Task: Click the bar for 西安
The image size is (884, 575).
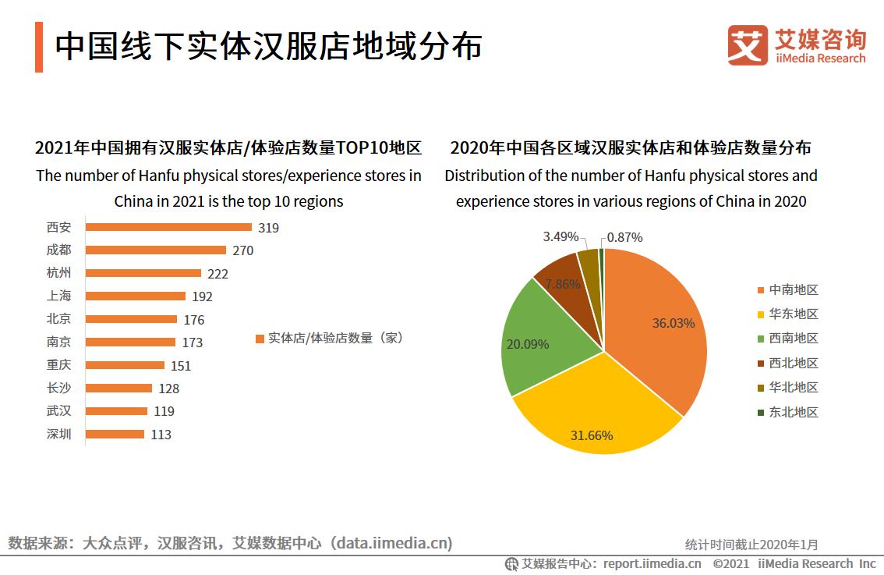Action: (168, 227)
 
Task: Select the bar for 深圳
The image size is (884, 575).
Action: (115, 434)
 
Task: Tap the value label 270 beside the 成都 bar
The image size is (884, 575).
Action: (242, 250)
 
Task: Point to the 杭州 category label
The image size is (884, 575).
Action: (58, 273)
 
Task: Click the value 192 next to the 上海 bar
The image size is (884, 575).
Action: (202, 296)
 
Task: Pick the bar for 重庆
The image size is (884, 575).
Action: (125, 365)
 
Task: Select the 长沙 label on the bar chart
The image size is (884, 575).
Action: (58, 388)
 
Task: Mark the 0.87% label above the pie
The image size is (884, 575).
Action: (624, 237)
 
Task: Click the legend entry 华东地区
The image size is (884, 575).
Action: (793, 314)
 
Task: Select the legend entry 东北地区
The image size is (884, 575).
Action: (793, 412)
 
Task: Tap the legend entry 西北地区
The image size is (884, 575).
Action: (793, 363)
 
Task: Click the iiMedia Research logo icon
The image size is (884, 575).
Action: (748, 45)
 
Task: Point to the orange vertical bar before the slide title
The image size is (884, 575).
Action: (39, 47)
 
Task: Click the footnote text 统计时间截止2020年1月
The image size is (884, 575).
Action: (751, 545)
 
